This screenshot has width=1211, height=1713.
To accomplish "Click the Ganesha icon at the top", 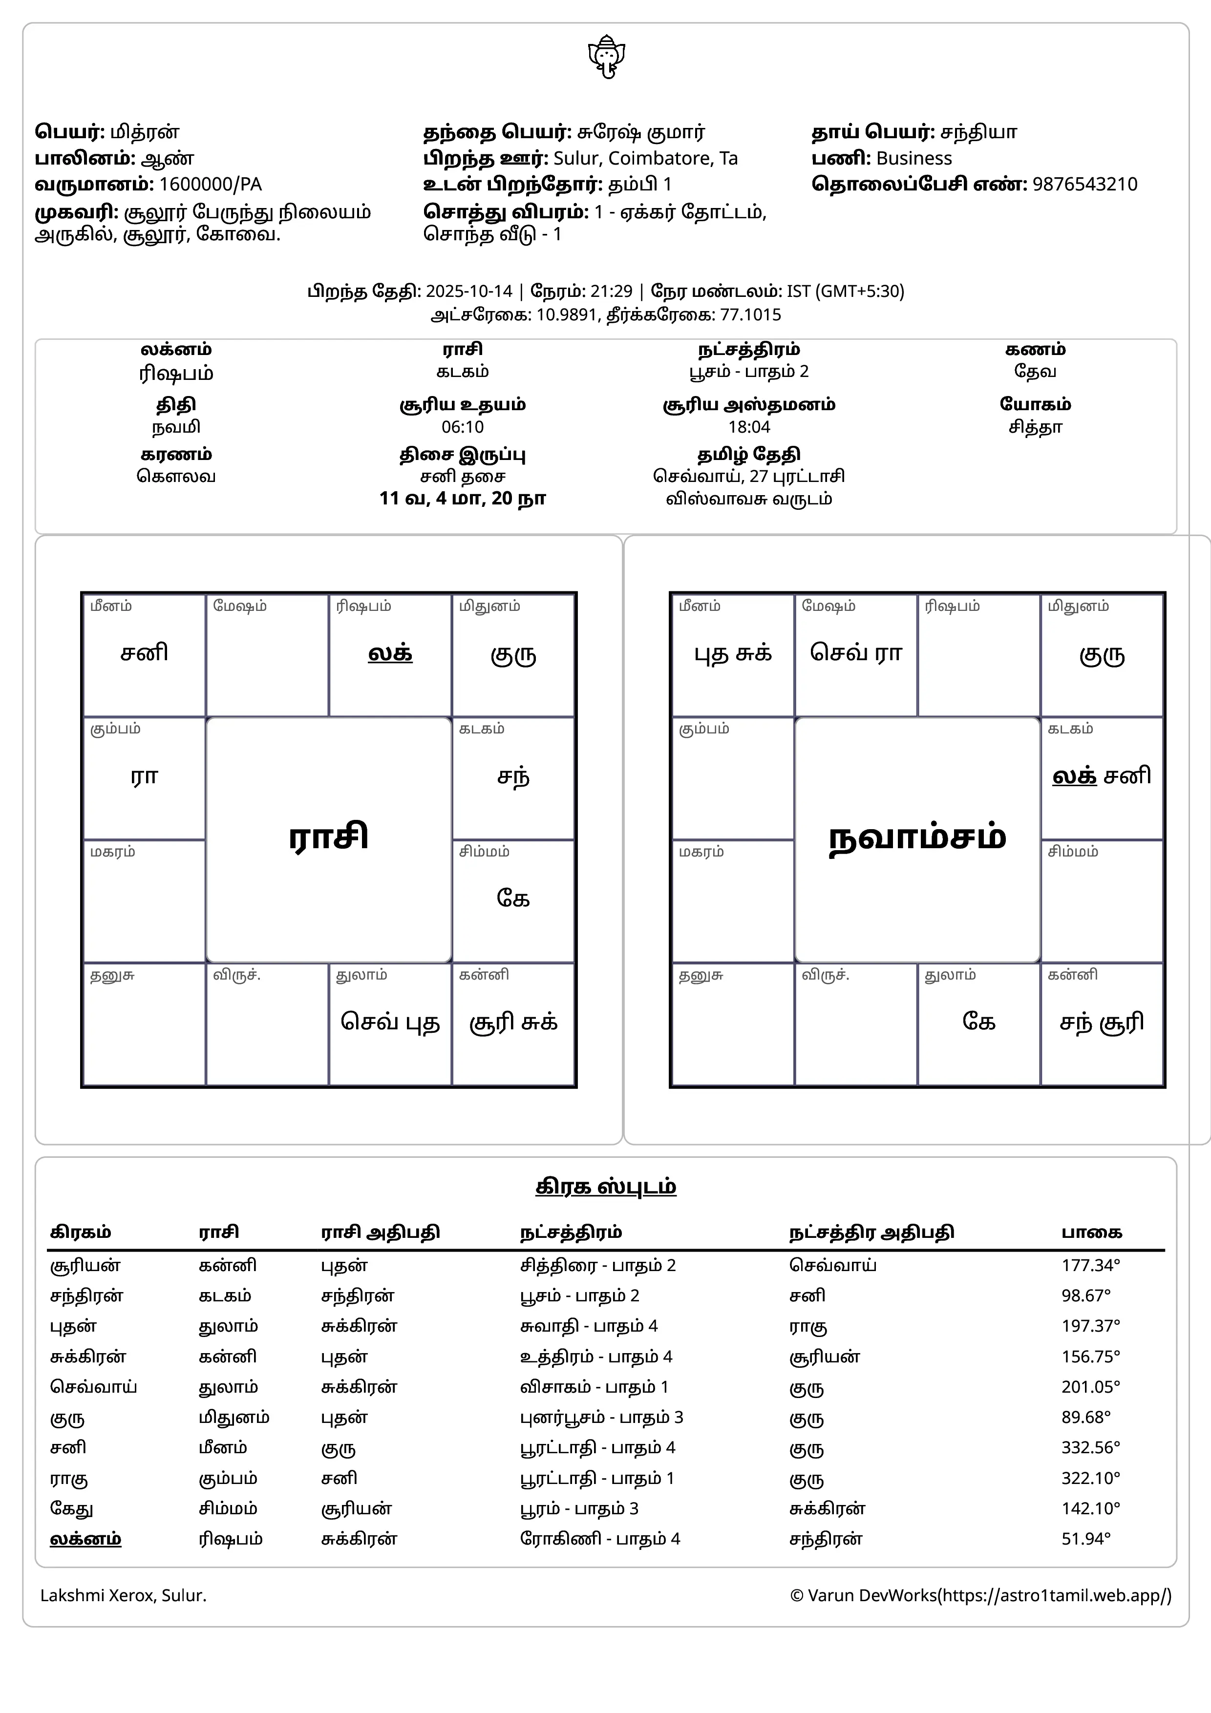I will (606, 57).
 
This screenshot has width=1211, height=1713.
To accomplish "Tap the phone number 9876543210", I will (1085, 184).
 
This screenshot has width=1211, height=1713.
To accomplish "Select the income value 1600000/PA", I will (211, 184).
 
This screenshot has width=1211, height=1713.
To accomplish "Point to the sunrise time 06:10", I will (463, 427).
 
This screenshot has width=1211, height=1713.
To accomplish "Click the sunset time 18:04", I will (749, 427).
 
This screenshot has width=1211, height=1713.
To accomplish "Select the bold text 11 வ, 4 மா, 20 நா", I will (463, 499).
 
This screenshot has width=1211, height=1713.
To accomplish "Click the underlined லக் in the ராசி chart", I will (390, 653).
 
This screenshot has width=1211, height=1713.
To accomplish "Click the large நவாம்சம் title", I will (917, 837).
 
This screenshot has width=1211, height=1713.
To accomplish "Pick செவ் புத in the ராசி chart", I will (390, 1022).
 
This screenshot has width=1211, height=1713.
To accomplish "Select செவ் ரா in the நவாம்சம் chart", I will (856, 653).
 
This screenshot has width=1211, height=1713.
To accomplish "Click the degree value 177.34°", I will (1091, 1265).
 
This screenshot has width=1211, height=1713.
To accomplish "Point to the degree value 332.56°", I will (1091, 1447).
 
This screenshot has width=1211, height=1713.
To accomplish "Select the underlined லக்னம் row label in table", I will (86, 1538).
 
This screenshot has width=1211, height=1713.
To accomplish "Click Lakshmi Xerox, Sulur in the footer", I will (123, 1595).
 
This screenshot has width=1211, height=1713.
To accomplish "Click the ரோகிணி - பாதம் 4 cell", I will (600, 1538).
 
